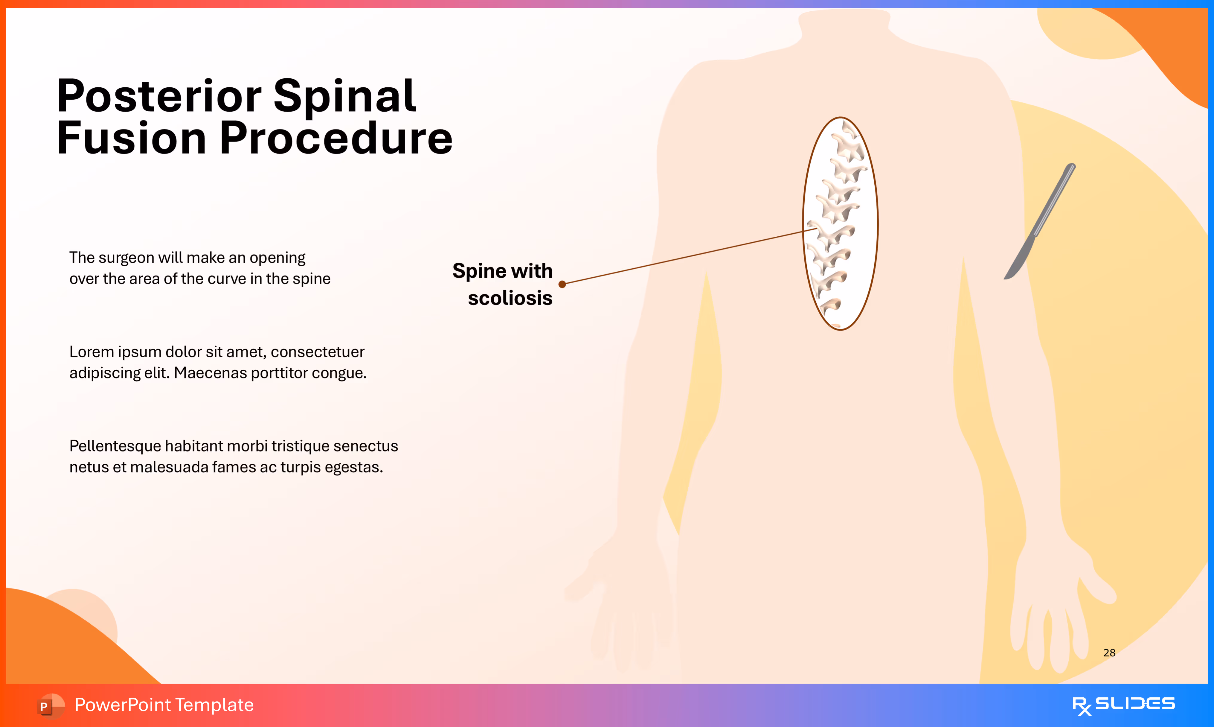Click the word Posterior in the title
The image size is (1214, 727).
(x=159, y=97)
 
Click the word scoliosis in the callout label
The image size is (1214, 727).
(x=510, y=298)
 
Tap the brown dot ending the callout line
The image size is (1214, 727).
(x=562, y=284)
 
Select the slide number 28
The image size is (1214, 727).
(x=1109, y=653)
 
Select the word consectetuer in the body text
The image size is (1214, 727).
(x=317, y=352)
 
